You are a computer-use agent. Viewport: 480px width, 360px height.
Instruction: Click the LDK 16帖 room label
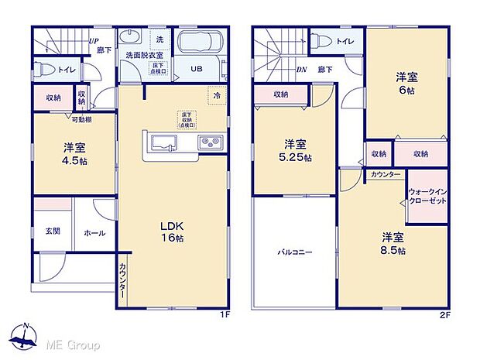coord(171,231)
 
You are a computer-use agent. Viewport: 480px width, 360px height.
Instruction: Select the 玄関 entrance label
coord(53,231)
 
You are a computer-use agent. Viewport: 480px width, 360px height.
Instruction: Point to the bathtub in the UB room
coord(201,44)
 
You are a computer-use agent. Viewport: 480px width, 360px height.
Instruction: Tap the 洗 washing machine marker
coord(159,39)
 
